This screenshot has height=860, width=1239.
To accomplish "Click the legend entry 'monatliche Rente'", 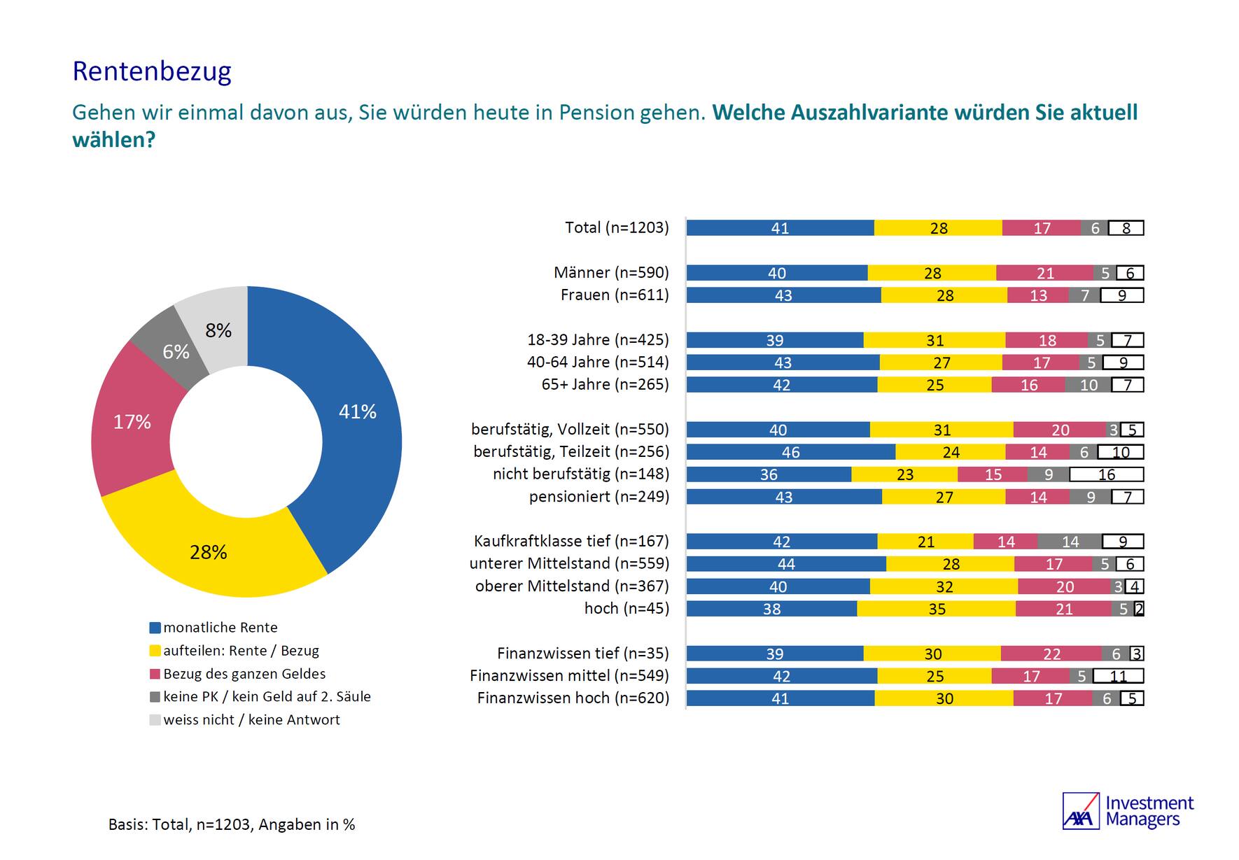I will [x=220, y=628].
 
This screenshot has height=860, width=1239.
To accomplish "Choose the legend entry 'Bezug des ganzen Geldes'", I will [x=244, y=674].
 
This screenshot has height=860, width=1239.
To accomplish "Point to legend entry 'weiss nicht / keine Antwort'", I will [x=251, y=720].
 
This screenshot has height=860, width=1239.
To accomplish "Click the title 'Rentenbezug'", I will [x=152, y=71].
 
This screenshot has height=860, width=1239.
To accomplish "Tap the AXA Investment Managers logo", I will [x=1128, y=811].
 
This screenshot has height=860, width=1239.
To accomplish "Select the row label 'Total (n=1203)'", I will [x=617, y=227].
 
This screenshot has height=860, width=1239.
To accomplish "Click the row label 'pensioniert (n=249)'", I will [x=598, y=497].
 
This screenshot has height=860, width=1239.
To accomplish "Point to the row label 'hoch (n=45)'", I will [x=626, y=609].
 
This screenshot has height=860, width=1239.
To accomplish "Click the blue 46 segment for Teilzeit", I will [x=790, y=452].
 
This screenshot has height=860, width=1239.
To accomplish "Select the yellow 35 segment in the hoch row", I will [x=936, y=609].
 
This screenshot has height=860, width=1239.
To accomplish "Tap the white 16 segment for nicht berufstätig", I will [x=1106, y=474].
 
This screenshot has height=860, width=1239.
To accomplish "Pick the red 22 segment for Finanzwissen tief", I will [x=1051, y=654].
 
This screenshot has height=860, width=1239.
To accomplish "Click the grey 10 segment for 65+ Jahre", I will [x=1088, y=385].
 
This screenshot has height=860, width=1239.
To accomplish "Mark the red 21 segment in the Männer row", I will [x=1044, y=273].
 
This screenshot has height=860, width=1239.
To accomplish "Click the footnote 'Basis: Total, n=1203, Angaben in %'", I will [x=232, y=825].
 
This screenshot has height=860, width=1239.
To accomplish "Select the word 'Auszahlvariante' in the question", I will [x=866, y=113].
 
